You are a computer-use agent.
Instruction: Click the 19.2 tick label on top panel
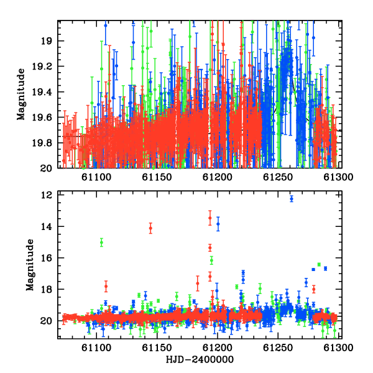(x=42, y=67)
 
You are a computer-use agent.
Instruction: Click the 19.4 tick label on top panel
(x=42, y=92)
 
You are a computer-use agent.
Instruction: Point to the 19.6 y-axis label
(x=42, y=117)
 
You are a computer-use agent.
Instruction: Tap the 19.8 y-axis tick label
(x=42, y=143)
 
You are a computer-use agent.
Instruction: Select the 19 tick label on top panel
(x=46, y=41)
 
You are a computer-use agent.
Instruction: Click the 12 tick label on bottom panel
(x=46, y=195)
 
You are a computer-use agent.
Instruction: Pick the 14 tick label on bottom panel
(x=46, y=227)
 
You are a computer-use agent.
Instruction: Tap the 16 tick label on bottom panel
(x=46, y=258)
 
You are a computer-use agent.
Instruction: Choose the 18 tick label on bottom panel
(x=46, y=290)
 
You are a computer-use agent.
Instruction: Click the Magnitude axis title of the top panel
(x=21, y=94)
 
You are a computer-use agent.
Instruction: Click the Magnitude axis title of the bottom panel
(x=30, y=265)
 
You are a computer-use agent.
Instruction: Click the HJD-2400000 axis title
(x=200, y=359)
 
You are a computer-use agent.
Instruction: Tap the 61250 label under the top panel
(x=278, y=177)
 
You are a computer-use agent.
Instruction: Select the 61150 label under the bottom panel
(x=157, y=348)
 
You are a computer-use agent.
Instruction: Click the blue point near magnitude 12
(x=292, y=199)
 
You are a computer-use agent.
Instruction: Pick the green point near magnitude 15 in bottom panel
(x=101, y=242)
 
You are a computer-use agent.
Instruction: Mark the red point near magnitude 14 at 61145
(x=150, y=228)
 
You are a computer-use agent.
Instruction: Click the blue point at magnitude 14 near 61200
(x=218, y=224)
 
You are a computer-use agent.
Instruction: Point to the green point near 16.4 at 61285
(x=319, y=265)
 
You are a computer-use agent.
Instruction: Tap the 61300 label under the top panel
(x=338, y=177)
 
